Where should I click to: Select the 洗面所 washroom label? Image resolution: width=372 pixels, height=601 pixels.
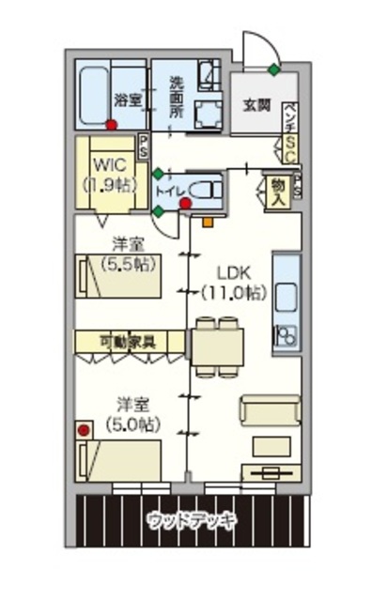point(177,96)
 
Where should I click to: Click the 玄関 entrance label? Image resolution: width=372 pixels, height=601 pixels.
point(257,103)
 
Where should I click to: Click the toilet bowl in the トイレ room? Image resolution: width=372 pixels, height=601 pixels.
point(206,186)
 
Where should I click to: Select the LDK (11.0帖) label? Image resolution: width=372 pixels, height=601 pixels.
point(233,282)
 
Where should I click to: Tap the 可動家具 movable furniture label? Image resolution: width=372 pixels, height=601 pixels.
point(128,340)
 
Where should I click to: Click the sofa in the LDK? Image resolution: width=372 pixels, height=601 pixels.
point(270,411)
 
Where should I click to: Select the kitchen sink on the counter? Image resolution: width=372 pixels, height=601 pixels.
point(287,283)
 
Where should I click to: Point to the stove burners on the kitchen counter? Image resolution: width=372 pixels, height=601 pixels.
point(286,333)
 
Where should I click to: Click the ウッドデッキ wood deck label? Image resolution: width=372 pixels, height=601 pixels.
point(192,519)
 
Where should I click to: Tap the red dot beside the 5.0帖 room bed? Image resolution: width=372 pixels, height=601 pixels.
point(83,430)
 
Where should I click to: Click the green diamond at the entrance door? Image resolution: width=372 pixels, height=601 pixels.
point(273,69)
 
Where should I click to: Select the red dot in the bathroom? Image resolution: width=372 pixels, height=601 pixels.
point(111,124)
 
